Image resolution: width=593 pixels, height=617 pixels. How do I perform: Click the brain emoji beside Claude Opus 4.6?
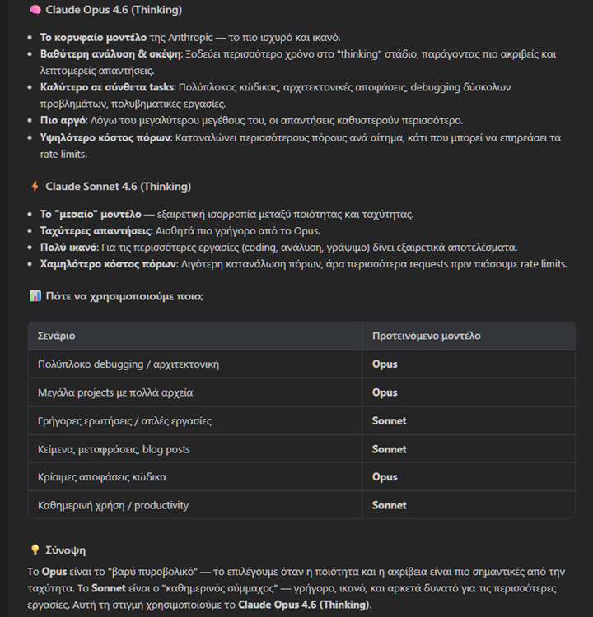[x=35, y=11]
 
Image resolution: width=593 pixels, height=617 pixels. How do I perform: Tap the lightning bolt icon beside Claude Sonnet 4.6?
[x=35, y=187]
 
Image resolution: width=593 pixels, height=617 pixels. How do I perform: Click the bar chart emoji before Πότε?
[x=35, y=296]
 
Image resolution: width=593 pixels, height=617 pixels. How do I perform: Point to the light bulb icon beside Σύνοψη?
[x=35, y=550]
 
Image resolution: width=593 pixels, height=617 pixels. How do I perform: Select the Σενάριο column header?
[x=57, y=336]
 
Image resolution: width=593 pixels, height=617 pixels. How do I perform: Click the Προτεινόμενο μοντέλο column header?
[x=426, y=336]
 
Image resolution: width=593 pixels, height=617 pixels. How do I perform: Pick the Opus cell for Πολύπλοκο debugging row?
[x=385, y=364]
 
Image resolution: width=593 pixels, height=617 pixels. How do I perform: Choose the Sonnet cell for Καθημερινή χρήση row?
[x=389, y=505]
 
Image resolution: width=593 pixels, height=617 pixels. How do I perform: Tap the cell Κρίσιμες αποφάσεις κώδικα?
[x=103, y=477]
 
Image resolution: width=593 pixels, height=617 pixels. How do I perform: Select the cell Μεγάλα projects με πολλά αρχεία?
[x=116, y=392]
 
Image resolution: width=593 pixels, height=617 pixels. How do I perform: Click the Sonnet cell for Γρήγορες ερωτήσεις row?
[x=389, y=420]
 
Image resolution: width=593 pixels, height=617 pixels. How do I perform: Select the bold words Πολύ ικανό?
[x=69, y=248]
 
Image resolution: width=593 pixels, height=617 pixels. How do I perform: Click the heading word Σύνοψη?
[x=66, y=550]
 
